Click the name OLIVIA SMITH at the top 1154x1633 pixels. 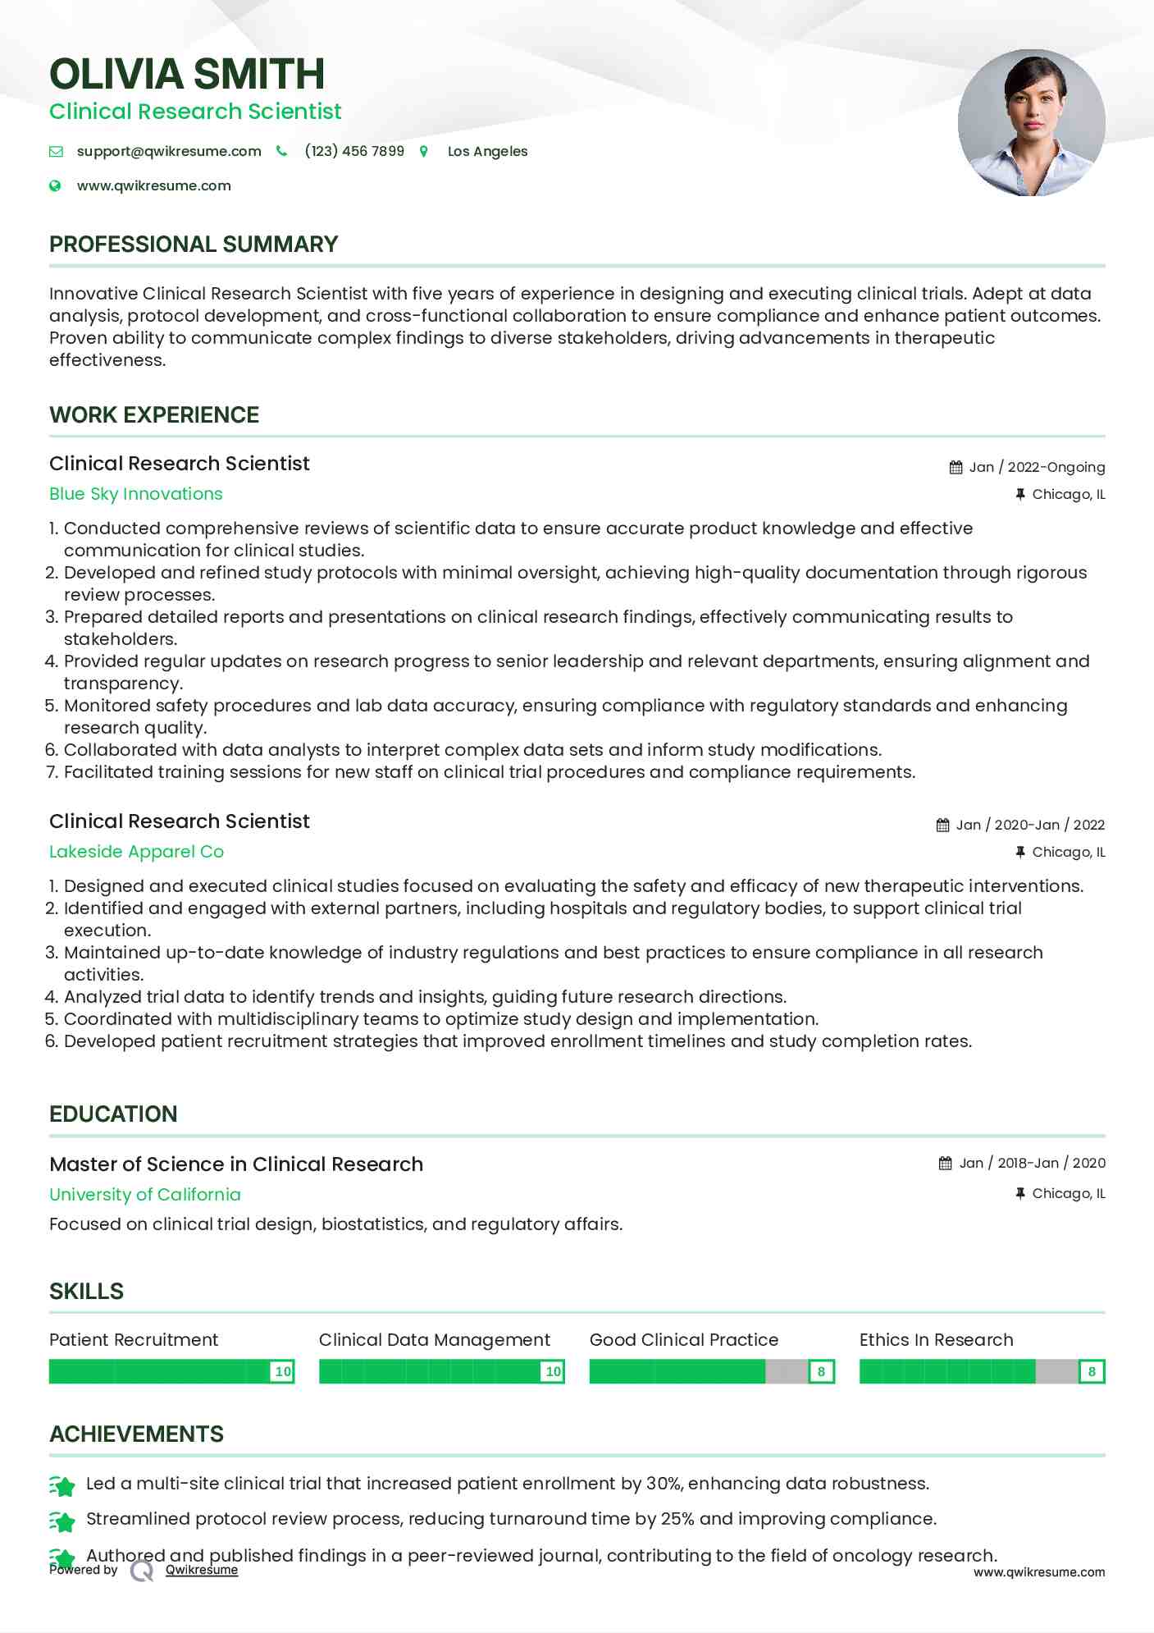click(187, 74)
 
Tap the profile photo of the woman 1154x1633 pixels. click(1031, 123)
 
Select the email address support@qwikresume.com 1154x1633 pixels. click(169, 151)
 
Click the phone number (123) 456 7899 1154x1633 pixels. click(354, 151)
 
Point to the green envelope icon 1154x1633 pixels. click(56, 151)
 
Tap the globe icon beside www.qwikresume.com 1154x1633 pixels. click(55, 185)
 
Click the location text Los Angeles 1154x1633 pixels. click(487, 151)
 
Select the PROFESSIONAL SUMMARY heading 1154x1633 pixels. click(194, 245)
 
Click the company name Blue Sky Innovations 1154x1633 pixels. click(136, 494)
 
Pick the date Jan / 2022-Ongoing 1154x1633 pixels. click(1037, 467)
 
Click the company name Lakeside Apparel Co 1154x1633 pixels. click(136, 852)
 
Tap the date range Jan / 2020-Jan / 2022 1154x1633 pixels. click(1030, 825)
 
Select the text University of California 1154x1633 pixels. click(145, 1195)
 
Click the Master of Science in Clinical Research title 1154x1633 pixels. click(236, 1164)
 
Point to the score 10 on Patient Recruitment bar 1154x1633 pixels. click(283, 1371)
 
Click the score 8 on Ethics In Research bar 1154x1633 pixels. click(1092, 1371)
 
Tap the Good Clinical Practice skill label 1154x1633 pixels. click(684, 1340)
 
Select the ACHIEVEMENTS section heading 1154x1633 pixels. click(136, 1434)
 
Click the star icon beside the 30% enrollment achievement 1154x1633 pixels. click(62, 1485)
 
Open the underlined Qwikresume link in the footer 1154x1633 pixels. click(202, 1570)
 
